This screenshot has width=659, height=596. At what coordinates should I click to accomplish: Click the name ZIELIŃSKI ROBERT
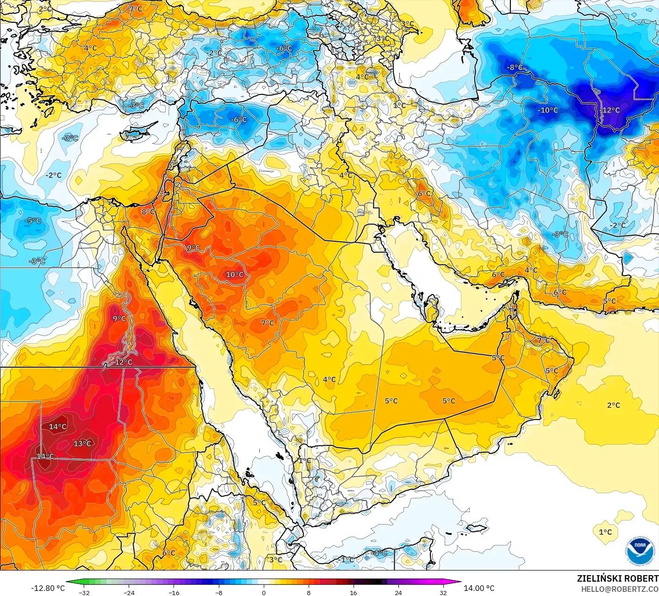[617, 578]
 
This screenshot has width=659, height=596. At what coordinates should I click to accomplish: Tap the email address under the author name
[620, 589]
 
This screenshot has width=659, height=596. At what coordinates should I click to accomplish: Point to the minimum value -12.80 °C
[48, 588]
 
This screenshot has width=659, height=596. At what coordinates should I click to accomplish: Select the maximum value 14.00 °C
[479, 588]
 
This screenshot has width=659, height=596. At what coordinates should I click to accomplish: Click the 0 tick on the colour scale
[264, 592]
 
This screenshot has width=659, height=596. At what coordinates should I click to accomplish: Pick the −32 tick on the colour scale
[84, 592]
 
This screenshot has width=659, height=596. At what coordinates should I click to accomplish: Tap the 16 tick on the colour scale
[353, 592]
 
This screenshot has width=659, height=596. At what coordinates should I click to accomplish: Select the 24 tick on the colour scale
[398, 592]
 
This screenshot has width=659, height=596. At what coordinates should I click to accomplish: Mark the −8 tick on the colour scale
[219, 592]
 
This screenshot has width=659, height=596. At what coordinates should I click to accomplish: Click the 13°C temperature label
[82, 444]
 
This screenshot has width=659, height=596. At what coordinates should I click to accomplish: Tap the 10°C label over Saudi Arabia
[235, 275]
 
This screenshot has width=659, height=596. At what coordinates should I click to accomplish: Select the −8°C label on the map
[514, 68]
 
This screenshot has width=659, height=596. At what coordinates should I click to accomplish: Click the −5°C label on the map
[33, 221]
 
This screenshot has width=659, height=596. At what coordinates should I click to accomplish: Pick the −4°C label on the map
[379, 553]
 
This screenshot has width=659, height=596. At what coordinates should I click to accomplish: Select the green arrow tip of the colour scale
[69, 582]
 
